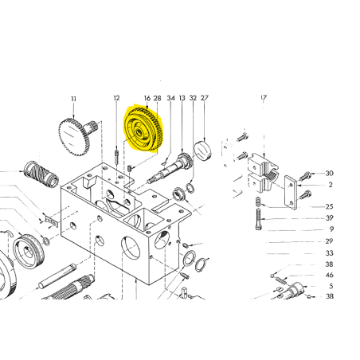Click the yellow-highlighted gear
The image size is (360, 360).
pyautogui.click(x=143, y=129)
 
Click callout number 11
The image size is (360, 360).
pyautogui.click(x=73, y=99)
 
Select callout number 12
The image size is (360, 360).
pyautogui.click(x=116, y=98)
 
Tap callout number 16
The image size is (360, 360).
pyautogui.click(x=147, y=98)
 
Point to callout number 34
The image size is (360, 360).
pyautogui.click(x=171, y=98)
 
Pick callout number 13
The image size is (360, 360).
pyautogui.click(x=182, y=98)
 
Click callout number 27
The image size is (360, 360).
pyautogui.click(x=205, y=98)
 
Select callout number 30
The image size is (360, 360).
pyautogui.click(x=329, y=174)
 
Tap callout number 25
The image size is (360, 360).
pyautogui.click(x=329, y=206)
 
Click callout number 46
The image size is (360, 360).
pyautogui.click(x=329, y=275)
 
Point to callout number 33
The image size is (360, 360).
pyautogui.click(x=329, y=253)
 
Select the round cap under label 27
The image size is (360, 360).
pyautogui.click(x=203, y=151)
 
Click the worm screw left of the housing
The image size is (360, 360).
pyautogui.click(x=41, y=174)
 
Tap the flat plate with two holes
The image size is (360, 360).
pyautogui.click(x=291, y=192)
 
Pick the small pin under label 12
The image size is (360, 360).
pyautogui.click(x=116, y=158)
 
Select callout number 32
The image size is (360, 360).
pyautogui.click(x=193, y=98)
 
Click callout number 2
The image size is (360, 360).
pyautogui.click(x=331, y=185)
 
